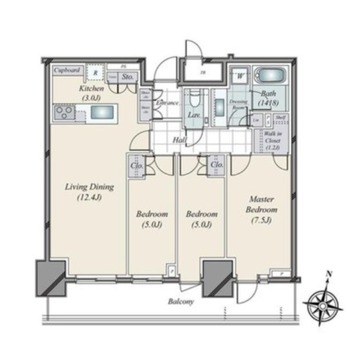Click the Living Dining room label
click(x=90, y=192)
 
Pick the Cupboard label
click(x=67, y=71)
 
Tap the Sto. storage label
click(x=128, y=77)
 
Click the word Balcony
click(x=181, y=302)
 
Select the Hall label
click(x=179, y=140)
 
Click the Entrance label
click(x=166, y=103)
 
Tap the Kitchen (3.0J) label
click(x=91, y=93)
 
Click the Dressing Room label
click(x=237, y=104)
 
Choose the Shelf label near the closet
click(x=281, y=117)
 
